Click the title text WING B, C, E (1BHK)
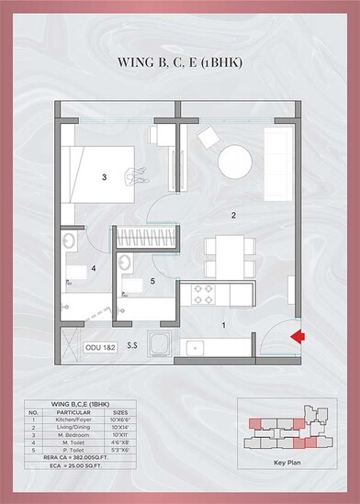coord(180,63)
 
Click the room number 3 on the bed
coord(105,176)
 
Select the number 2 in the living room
coord(234,216)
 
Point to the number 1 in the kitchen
coord(221,324)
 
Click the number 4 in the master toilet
coord(94,269)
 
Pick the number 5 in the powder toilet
coord(152,281)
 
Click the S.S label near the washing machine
coord(132,347)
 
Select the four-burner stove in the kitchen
coord(201,296)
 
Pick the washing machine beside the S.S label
coord(161,346)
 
